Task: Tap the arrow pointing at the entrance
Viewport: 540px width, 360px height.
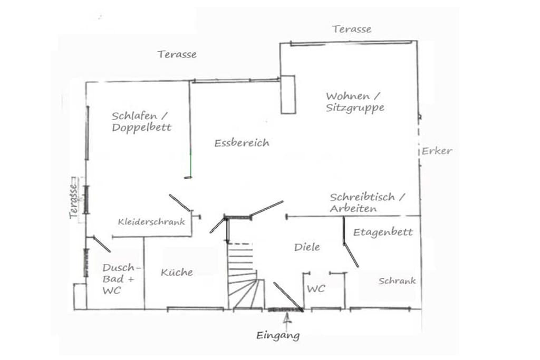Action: [x=287, y=319]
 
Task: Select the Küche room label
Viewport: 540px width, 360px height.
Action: [x=177, y=272]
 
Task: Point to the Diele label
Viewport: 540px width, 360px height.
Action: [x=307, y=247]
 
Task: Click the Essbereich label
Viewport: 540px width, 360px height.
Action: [x=242, y=143]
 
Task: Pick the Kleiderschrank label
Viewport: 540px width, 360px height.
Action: [x=151, y=222]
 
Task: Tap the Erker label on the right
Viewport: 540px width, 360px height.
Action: [x=437, y=151]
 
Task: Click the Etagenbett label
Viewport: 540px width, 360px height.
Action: [x=383, y=232]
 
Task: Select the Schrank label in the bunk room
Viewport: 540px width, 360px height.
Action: [x=397, y=281]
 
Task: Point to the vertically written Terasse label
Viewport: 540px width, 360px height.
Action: [x=73, y=201]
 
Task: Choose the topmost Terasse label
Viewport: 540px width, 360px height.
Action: [x=352, y=30]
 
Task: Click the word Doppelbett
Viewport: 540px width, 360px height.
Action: [x=141, y=128]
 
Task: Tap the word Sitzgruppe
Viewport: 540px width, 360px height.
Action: [x=355, y=108]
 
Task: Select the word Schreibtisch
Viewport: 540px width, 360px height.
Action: [x=362, y=197]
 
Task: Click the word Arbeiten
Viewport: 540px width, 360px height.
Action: [x=353, y=209]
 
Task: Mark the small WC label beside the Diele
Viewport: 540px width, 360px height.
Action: [x=316, y=288]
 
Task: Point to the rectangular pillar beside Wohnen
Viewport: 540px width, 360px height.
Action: [x=288, y=95]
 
